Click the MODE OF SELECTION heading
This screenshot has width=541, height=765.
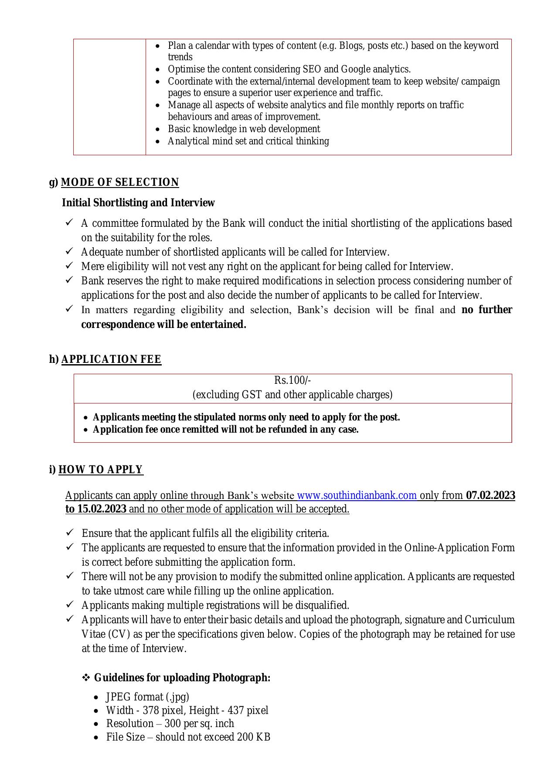click(x=120, y=182)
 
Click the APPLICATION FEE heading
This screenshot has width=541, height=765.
click(x=111, y=359)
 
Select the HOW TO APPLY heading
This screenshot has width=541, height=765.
click(x=101, y=470)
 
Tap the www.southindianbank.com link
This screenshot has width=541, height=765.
click(x=357, y=495)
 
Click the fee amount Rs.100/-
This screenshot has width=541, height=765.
click(x=293, y=381)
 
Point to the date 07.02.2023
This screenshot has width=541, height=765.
click(x=490, y=495)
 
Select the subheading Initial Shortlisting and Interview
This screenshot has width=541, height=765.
click(x=138, y=203)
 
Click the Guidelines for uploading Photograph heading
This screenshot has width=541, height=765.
click(x=182, y=678)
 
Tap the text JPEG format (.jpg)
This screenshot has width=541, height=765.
click(x=147, y=697)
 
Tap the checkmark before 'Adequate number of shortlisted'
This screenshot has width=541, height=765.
click(x=69, y=251)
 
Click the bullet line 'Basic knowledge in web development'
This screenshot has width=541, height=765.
click(x=244, y=129)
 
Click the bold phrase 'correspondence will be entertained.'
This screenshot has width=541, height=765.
click(x=163, y=324)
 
